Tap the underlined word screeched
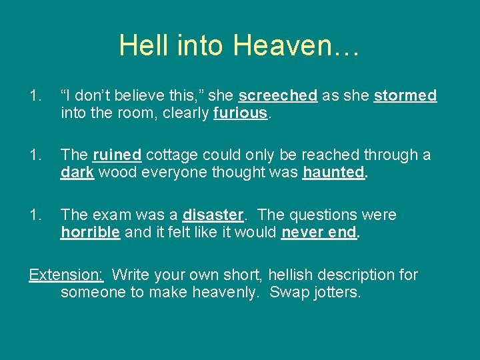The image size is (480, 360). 277,96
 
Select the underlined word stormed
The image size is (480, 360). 405,96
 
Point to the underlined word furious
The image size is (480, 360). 240,113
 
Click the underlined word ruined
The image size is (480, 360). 117,155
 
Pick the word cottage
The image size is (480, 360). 171,155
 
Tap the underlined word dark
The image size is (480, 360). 77,173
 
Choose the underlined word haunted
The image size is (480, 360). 333,173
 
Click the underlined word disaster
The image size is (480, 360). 213,215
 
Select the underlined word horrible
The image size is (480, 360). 90,232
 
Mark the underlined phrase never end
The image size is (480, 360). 319,232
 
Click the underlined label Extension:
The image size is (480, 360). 66,275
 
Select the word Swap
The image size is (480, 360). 285,292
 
